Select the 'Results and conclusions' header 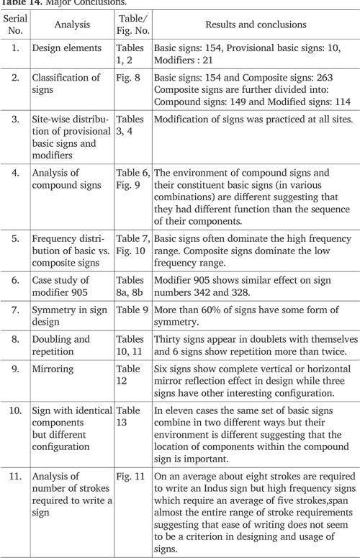[x=255, y=24]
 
